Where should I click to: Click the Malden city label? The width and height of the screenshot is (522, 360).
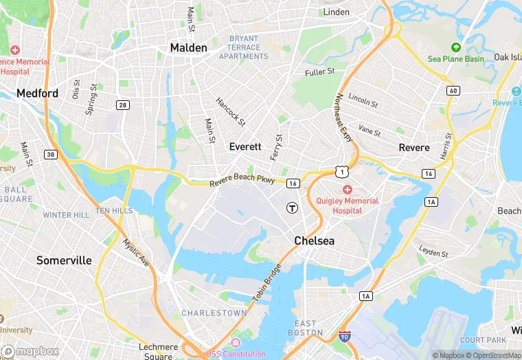click(188, 48)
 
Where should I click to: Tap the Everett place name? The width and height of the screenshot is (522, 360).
click(245, 147)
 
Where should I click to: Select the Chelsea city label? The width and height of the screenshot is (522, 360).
click(314, 241)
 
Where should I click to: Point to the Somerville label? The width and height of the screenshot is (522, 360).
click(64, 260)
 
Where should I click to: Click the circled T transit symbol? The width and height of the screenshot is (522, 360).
click(293, 207)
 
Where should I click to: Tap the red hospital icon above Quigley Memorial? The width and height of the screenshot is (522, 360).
click(348, 189)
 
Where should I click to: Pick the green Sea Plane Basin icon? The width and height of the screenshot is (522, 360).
click(455, 47)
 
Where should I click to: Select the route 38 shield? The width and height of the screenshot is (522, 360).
click(51, 155)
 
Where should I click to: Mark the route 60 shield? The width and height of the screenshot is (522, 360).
click(453, 91)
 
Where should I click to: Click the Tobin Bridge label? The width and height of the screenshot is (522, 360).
click(267, 282)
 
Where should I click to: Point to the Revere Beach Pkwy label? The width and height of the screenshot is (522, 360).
click(242, 181)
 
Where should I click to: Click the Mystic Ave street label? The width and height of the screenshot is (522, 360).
click(136, 252)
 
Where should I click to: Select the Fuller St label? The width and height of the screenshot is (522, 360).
click(319, 71)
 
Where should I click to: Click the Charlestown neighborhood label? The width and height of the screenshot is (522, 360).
click(214, 313)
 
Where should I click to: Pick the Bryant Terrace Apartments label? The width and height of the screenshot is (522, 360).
click(244, 47)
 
